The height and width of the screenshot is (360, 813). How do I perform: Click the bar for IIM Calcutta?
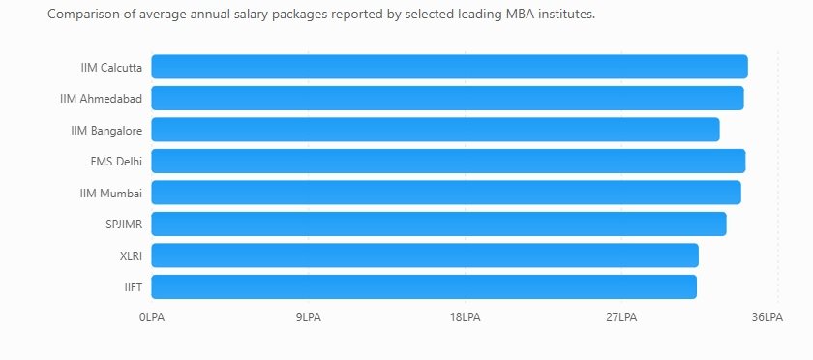point(449,67)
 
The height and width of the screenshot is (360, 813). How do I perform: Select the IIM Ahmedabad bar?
point(447,98)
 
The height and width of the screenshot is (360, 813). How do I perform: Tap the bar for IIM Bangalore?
point(436,130)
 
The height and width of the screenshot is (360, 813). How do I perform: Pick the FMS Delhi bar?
point(448,161)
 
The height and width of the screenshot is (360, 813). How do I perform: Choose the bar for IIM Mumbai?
point(446,193)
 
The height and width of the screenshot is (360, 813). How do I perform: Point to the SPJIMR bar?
point(439,225)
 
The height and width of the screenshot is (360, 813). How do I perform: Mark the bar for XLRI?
point(425,255)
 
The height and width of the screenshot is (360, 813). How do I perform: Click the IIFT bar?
point(424,286)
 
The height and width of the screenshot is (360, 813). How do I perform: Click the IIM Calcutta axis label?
point(111,68)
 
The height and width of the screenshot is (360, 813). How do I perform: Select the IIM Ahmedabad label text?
point(101,99)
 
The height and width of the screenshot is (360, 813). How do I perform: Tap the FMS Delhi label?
point(116,162)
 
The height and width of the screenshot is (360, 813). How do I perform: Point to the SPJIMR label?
point(124,225)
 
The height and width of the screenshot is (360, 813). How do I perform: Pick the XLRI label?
point(131,255)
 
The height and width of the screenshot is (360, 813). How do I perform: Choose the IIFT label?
point(134,287)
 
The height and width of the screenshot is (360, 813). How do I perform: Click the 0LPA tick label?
point(152,317)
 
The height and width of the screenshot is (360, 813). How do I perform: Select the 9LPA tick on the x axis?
point(309,317)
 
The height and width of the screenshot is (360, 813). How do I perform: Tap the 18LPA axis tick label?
point(466,317)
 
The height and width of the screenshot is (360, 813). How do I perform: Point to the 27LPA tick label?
point(621,317)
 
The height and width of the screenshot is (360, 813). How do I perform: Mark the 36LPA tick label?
point(768,317)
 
